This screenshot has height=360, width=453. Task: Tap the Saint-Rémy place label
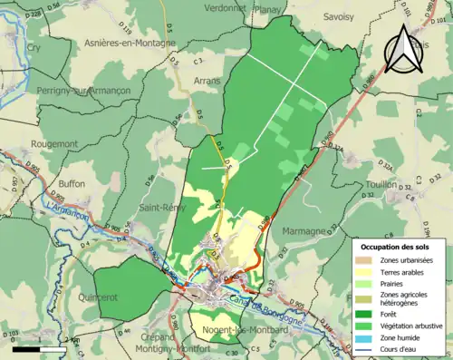(x=160, y=207)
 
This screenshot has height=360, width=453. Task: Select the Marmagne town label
(x=303, y=231)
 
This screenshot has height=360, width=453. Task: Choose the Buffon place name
(x=72, y=183)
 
